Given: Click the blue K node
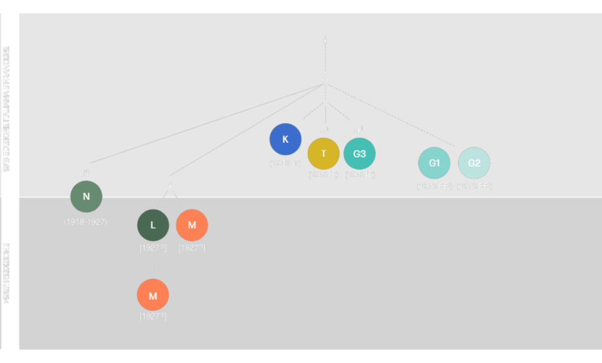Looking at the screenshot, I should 285,139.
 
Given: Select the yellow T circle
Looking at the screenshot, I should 323,153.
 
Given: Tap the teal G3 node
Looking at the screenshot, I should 359,153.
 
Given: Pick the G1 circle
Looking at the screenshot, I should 434,163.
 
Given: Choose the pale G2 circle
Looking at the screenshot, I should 474,163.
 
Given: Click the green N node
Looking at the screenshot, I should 86,196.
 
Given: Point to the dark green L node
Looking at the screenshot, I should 153,225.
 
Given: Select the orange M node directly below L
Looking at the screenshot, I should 153,295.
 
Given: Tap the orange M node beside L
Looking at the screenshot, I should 192,225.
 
